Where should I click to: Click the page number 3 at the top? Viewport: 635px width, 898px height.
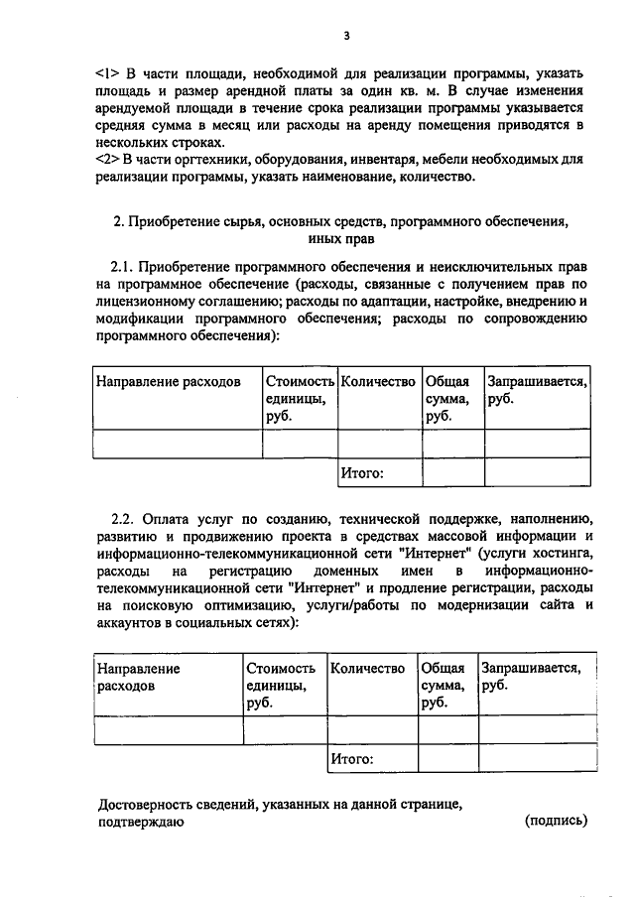[346, 37]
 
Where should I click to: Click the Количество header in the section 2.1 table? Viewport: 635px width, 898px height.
[377, 381]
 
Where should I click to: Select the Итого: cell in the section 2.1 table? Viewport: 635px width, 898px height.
[362, 473]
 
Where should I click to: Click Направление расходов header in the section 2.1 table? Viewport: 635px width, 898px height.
[168, 381]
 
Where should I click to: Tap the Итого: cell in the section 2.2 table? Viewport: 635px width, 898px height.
[352, 759]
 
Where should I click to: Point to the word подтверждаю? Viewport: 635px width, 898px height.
[140, 822]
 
